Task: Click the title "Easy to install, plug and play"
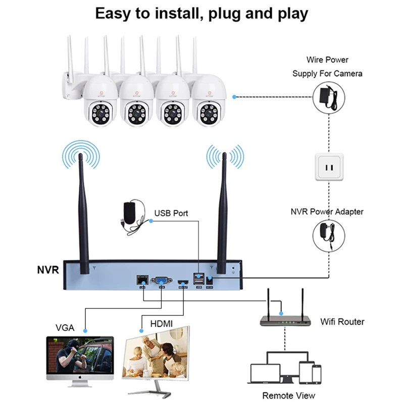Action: pos(201,14)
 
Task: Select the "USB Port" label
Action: pos(171,213)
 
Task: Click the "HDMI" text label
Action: pos(161,323)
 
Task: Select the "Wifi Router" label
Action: pos(342,321)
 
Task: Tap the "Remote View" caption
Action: pos(288,395)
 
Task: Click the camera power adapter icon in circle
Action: pos(328,96)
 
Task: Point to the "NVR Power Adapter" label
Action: pos(327,212)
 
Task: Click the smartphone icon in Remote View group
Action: pos(317,374)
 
